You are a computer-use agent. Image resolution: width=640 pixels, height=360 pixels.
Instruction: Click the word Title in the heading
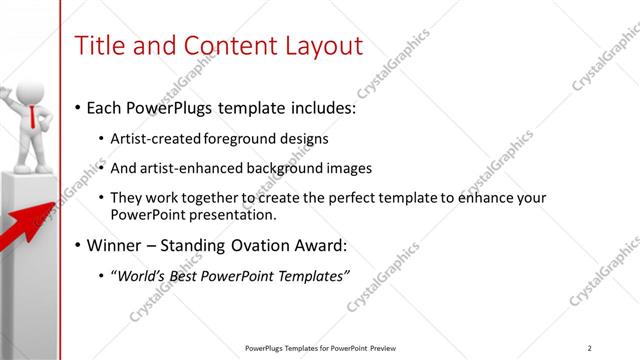[101, 46]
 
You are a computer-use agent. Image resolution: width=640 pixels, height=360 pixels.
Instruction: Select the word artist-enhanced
[194, 168]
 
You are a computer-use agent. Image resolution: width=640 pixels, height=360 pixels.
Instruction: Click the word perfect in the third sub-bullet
[338, 198]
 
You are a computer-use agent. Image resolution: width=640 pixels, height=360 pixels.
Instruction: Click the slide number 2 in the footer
[590, 348]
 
